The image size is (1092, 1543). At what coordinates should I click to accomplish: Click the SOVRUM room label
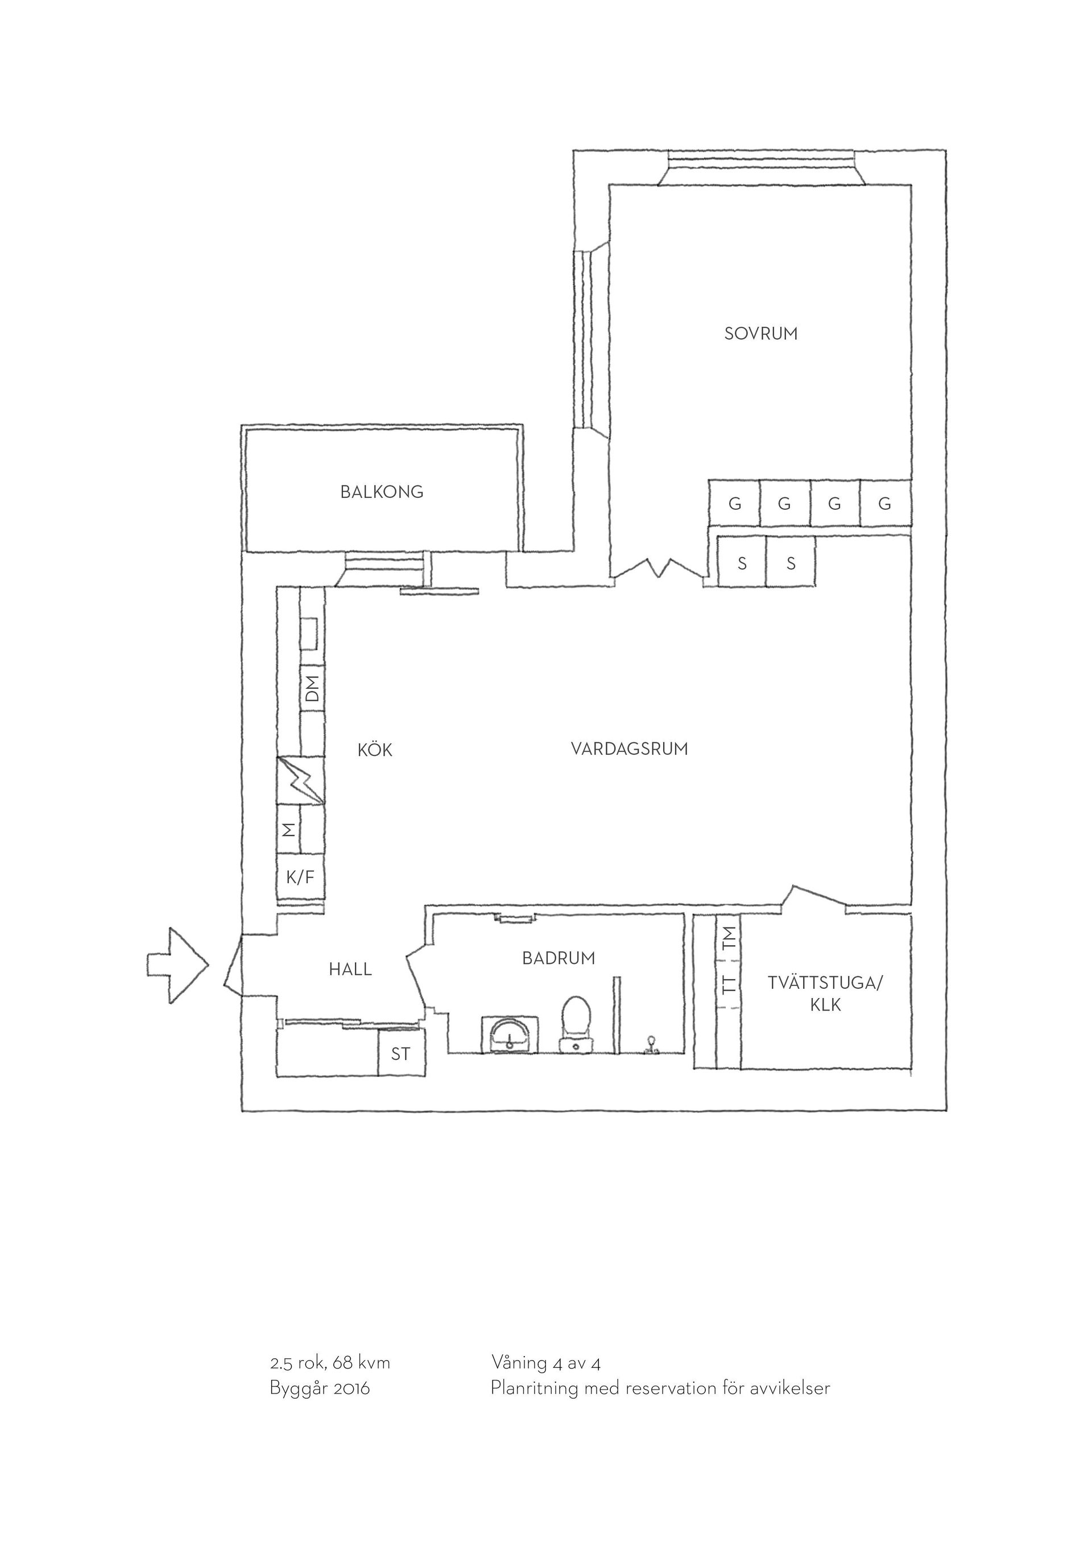[760, 334]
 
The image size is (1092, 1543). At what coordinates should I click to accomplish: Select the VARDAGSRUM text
[630, 748]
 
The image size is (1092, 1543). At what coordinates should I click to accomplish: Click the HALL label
[350, 969]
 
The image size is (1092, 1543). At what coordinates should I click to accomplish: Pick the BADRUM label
[559, 958]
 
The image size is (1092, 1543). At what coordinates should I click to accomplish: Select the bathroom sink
[510, 1034]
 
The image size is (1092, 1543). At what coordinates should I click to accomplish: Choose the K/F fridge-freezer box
[300, 877]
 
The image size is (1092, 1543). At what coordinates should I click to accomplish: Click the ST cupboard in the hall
[401, 1054]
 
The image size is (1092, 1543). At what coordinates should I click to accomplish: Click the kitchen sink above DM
[310, 634]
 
